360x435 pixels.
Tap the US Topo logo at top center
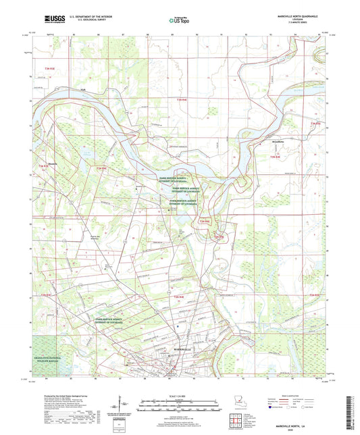[x=179, y=21]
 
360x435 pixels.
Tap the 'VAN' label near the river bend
[x=84, y=90]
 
